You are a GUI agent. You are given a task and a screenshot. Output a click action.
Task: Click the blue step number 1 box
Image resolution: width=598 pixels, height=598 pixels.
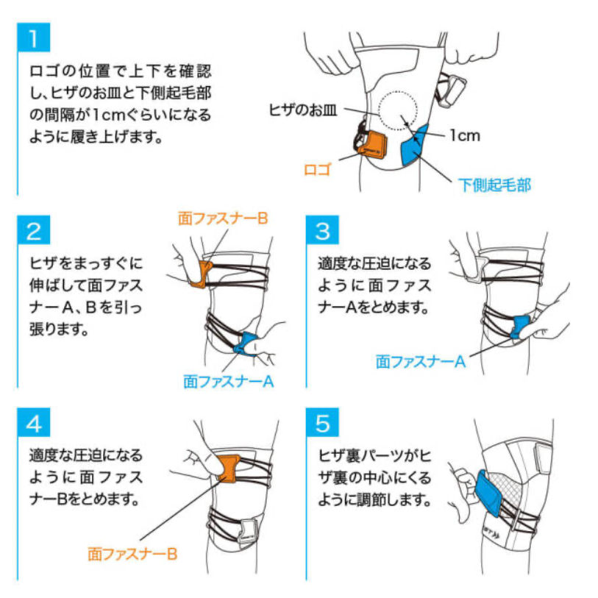34,37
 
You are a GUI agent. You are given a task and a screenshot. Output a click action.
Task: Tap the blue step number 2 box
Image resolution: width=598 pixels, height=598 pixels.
34,230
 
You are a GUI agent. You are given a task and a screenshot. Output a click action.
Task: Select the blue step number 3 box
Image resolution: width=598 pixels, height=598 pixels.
322,230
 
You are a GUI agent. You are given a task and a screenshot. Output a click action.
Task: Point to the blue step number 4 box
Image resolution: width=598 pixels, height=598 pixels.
34,422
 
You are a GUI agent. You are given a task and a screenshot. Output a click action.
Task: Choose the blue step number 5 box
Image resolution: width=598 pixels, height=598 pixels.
322,422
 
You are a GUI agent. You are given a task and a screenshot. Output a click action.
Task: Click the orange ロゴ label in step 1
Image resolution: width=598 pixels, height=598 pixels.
317,170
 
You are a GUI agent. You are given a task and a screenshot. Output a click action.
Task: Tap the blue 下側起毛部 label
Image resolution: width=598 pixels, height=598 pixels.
494,185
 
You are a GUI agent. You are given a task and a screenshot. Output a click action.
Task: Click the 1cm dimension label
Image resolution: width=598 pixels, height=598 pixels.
465,135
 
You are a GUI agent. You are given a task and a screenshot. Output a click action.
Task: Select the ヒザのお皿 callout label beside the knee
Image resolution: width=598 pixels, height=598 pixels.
303,110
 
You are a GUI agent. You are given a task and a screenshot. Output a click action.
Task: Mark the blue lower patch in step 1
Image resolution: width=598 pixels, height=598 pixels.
414,146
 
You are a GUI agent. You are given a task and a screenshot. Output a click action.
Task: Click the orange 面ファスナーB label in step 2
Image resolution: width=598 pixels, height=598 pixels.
223,218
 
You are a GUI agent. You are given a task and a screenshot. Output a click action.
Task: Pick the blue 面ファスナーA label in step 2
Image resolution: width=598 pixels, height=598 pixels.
229,381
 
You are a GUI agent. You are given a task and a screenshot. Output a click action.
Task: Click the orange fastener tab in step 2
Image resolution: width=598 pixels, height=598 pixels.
201,274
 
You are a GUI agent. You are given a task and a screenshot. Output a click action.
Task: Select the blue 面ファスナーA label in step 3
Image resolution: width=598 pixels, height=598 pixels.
421,362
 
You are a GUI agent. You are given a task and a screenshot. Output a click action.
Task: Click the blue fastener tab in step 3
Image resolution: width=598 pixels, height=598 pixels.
520,327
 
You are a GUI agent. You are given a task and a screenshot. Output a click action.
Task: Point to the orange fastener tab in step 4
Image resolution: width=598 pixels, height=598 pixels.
229,468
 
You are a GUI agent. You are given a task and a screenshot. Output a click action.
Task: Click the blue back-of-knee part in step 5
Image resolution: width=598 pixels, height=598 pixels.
488,493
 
